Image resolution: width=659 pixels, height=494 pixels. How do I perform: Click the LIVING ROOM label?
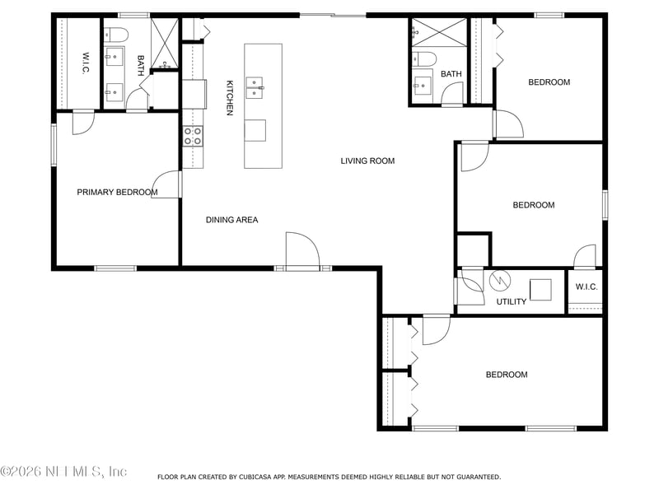click(367, 161)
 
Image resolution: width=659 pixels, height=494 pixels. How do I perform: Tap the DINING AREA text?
click(231, 220)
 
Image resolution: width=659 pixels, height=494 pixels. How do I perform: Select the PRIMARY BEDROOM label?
click(117, 193)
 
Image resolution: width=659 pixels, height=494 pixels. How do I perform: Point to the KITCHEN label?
click(230, 98)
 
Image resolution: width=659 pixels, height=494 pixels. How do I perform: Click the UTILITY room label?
click(511, 301)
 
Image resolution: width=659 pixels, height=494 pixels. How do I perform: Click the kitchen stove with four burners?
click(193, 136)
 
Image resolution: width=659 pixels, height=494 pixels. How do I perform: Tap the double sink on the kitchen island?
click(255, 87)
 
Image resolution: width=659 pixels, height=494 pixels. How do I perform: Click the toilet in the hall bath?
click(424, 59)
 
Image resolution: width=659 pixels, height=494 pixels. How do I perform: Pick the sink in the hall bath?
click(422, 86)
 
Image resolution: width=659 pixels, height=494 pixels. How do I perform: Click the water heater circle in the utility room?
click(500, 280)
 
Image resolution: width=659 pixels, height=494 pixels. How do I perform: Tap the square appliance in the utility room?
click(540, 290)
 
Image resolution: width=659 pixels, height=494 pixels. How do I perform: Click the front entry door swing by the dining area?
click(302, 249)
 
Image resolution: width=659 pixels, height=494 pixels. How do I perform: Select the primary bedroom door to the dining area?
click(166, 184)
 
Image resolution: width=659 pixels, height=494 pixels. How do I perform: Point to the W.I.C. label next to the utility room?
click(587, 287)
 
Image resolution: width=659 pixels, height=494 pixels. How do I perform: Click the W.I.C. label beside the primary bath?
click(86, 63)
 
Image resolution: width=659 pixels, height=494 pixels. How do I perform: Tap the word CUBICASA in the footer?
click(255, 477)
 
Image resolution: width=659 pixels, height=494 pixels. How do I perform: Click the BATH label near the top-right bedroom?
click(451, 74)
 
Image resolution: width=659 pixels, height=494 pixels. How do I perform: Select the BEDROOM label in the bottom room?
click(507, 375)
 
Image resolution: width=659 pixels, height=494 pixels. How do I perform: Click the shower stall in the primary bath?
click(165, 44)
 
